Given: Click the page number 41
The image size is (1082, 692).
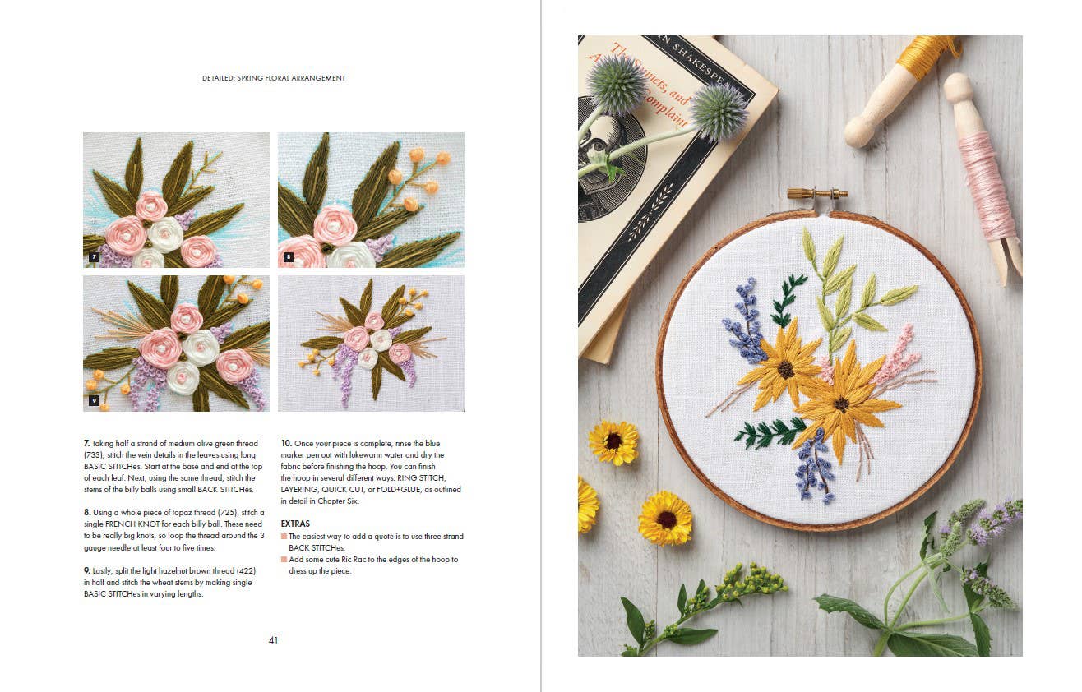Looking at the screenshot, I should pos(273,640).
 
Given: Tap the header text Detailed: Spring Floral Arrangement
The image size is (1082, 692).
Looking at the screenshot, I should pos(274,78).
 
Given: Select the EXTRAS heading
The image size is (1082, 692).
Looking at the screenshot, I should pos(295,524).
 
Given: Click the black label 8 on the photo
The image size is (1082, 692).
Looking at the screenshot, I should pos(289,257).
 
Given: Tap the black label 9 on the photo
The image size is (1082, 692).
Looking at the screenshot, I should pos(94,400).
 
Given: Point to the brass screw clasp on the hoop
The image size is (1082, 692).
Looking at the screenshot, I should pos(817,194).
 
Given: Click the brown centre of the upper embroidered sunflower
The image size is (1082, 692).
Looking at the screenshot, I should pos(785,369).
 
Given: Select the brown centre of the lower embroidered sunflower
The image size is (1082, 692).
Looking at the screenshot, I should pos(841,404).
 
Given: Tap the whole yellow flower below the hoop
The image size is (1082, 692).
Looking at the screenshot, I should pos(665,518).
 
